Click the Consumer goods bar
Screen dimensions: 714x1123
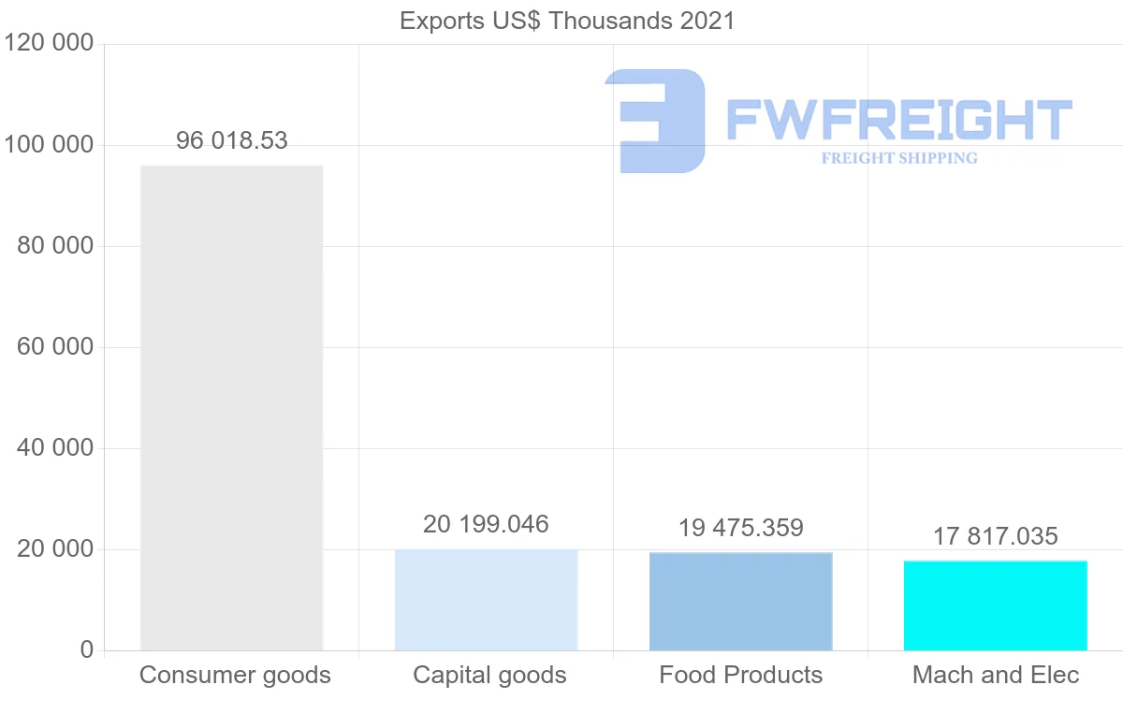click(231, 408)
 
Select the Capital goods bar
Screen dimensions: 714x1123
click(486, 600)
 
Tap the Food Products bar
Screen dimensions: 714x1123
click(740, 602)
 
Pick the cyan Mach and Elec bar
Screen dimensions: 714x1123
click(995, 605)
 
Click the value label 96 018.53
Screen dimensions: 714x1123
click(232, 141)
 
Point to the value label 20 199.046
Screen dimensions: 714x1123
click(486, 524)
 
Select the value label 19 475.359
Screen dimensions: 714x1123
click(740, 528)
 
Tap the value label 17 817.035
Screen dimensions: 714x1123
click(995, 536)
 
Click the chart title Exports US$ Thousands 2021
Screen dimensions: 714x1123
click(567, 21)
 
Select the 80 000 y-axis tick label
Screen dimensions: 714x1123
click(55, 246)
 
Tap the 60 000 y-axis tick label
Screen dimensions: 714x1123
click(55, 347)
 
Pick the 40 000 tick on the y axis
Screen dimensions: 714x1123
click(55, 448)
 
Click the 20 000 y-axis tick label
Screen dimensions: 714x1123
click(55, 549)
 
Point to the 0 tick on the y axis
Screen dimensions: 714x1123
click(86, 650)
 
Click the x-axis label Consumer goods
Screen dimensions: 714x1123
click(235, 675)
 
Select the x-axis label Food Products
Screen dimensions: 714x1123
click(740, 675)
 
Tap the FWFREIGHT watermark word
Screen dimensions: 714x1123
click(898, 120)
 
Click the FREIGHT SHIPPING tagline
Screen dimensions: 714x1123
click(898, 158)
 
